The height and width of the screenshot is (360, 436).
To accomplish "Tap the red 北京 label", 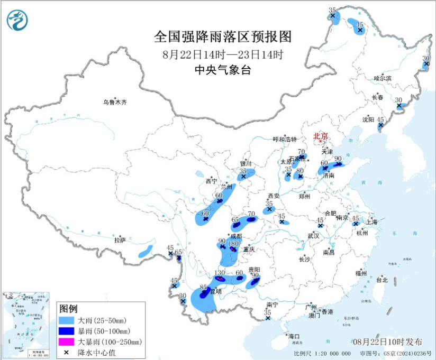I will click(320, 136).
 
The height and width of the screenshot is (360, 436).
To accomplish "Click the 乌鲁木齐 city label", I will click(115, 101).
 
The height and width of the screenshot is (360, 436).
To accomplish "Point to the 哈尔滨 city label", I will click(382, 78).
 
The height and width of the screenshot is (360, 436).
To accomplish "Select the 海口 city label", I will click(294, 336).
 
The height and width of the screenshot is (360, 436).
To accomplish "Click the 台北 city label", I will click(381, 280).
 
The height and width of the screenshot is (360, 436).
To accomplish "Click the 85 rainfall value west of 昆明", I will click(203, 288).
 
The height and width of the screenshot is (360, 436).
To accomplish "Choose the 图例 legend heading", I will click(69, 308).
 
